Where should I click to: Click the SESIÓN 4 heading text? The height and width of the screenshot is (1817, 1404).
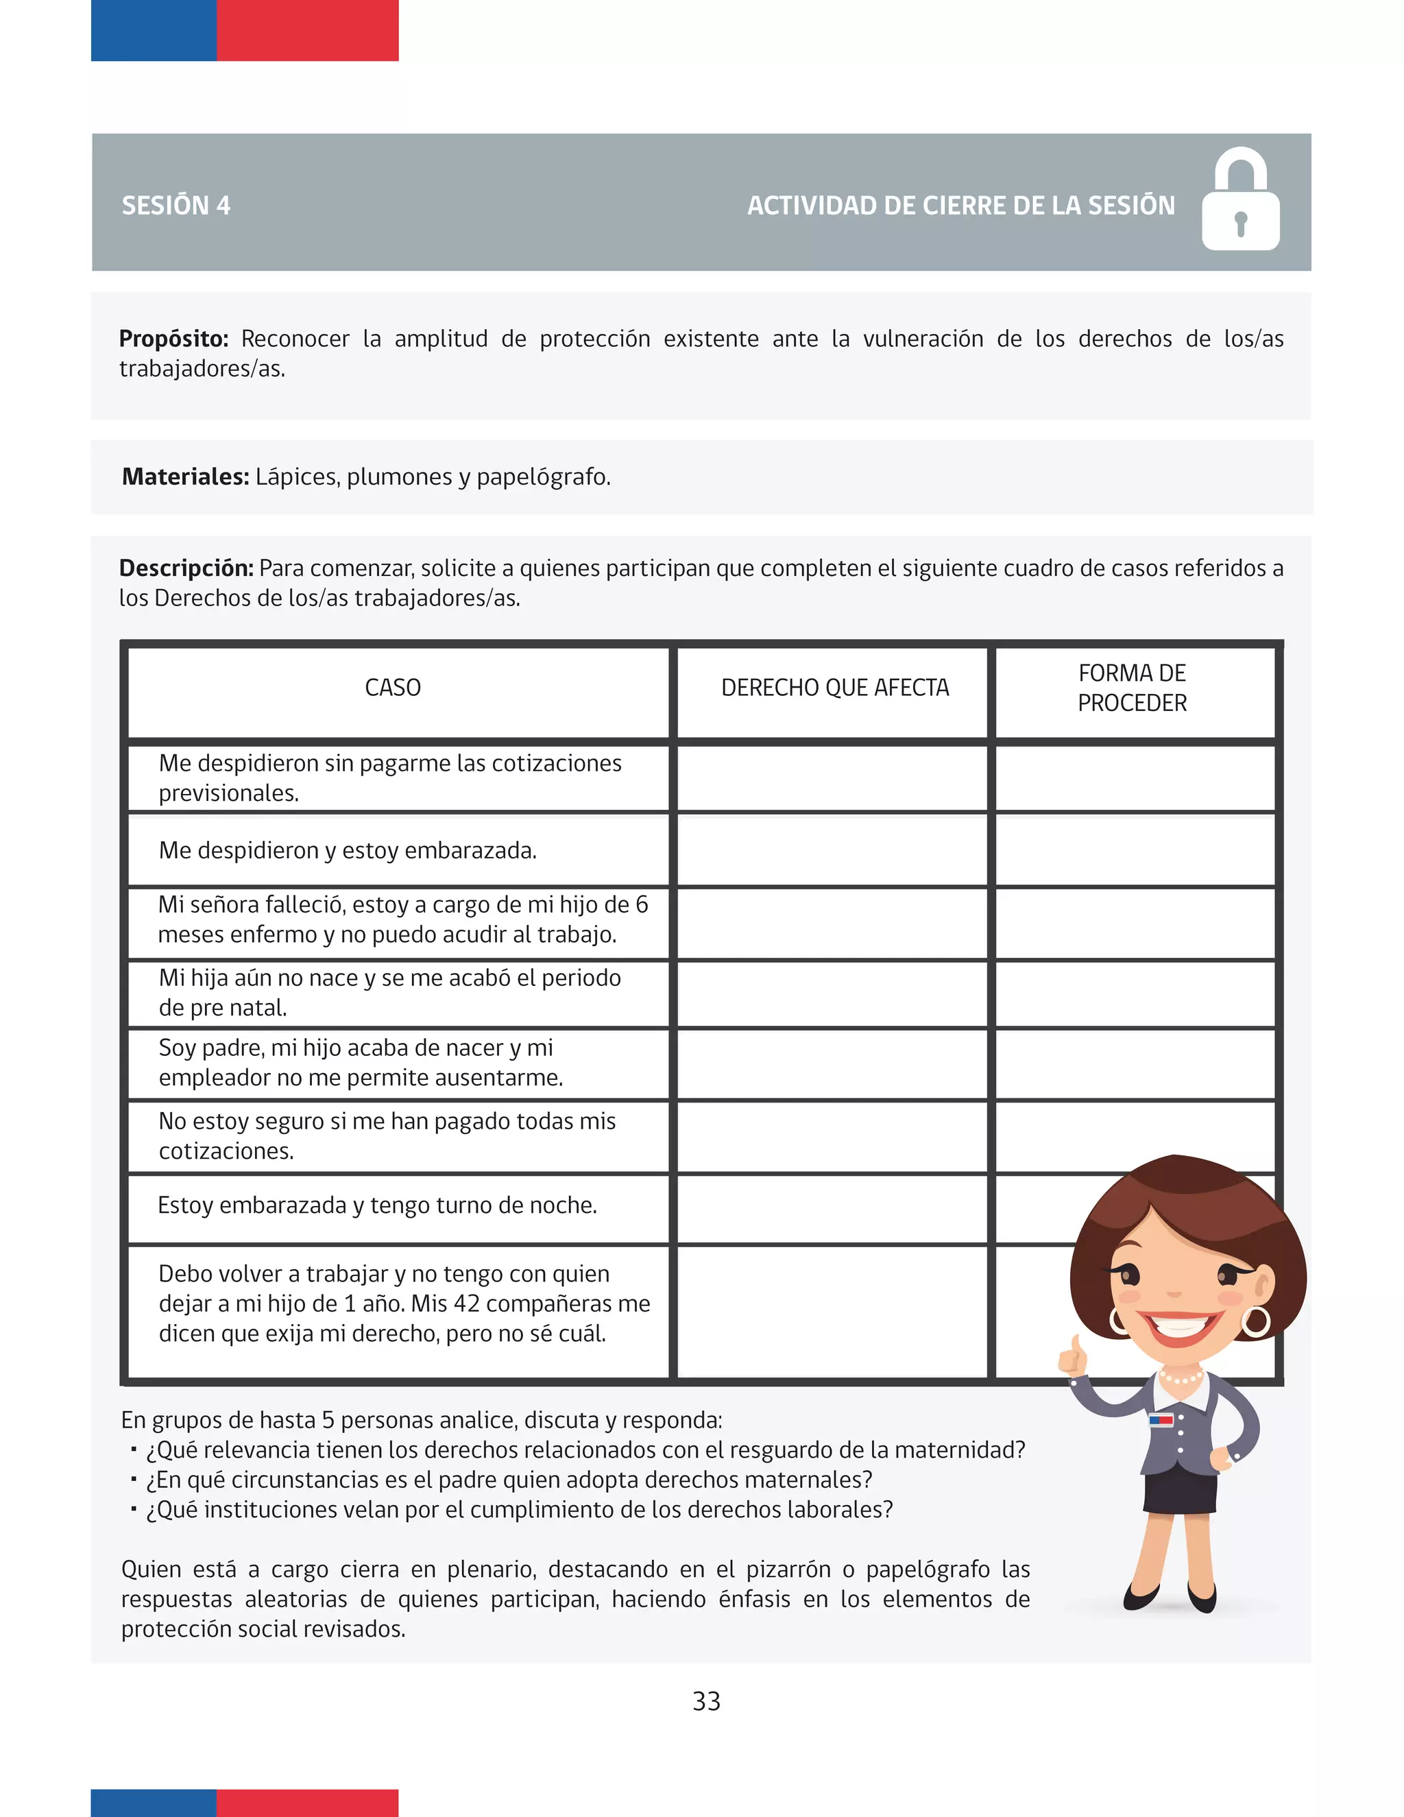[175, 206]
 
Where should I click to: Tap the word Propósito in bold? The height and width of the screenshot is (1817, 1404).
[173, 339]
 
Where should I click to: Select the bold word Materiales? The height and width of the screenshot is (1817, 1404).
[184, 477]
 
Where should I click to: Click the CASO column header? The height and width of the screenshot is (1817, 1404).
[393, 688]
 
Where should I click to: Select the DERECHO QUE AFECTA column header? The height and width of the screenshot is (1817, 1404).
[834, 688]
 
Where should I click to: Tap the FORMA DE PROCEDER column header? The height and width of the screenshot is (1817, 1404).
[1131, 688]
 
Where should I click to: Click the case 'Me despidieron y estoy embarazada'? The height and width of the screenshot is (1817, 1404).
[348, 850]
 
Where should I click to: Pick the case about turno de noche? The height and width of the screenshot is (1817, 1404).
[377, 1205]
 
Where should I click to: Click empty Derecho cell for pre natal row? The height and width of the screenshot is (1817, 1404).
[832, 994]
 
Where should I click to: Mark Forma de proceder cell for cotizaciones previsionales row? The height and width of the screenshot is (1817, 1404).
[1135, 779]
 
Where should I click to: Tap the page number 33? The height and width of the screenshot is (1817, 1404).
[706, 1701]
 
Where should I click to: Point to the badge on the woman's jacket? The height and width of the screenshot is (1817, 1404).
[1161, 1420]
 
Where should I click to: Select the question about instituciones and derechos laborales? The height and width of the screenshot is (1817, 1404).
[519, 1509]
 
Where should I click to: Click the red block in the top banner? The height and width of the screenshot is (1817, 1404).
[307, 30]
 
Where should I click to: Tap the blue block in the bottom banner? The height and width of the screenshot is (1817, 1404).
[153, 1802]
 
